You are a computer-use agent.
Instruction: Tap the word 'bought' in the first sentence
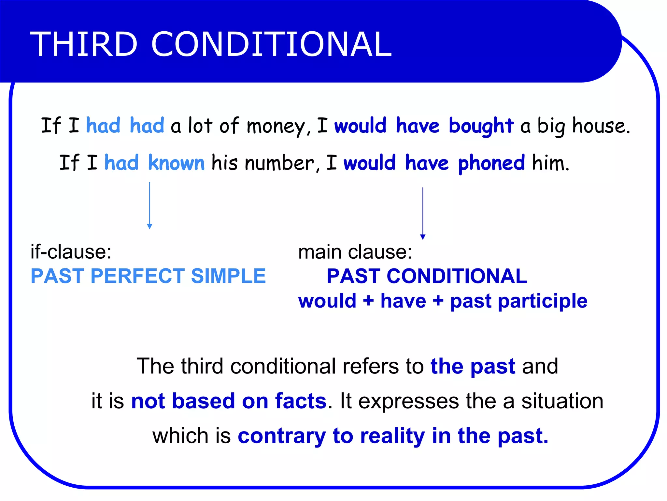pos(481,126)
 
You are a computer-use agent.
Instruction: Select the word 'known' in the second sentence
pos(176,163)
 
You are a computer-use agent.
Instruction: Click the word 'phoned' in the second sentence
pos(491,163)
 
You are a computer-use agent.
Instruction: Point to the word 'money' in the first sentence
pos(276,127)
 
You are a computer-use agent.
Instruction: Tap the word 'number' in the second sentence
pos(279,163)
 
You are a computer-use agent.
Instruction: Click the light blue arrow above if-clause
pos(149,205)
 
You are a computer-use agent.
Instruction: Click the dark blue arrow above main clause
pos(423,214)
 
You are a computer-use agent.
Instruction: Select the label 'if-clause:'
pos(71,252)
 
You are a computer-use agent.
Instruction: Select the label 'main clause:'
pos(355,252)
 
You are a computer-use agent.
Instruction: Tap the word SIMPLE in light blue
pos(228,276)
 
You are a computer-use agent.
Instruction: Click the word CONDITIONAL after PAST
pos(457,276)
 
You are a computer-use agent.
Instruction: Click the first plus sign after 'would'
pos(368,301)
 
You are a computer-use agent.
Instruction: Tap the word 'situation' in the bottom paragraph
pos(562,401)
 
